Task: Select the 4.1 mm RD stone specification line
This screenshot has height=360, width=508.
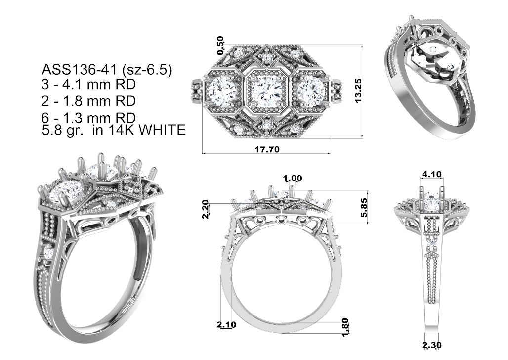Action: [88, 85]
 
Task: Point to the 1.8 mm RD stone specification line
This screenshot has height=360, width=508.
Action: [88, 101]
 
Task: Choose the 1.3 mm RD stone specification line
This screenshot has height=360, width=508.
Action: [88, 117]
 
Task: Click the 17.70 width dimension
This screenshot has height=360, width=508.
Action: [267, 149]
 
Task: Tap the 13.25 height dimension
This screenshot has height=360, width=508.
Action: [358, 90]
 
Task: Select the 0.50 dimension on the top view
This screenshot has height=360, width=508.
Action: [220, 45]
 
